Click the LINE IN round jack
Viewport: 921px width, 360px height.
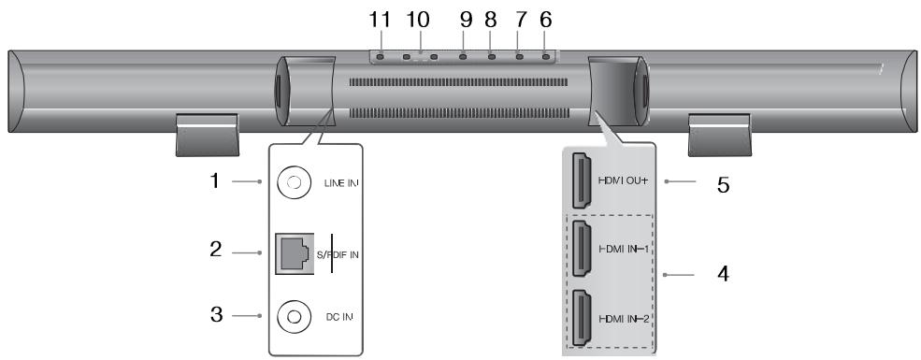[x=293, y=182]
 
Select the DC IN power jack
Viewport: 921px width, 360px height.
[x=293, y=317]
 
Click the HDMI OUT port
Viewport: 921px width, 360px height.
[x=582, y=180]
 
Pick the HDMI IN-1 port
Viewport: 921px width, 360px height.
[x=582, y=249]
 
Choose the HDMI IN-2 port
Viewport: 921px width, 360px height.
[x=582, y=318]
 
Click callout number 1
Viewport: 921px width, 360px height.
[x=215, y=180]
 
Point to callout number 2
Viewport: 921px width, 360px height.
[x=216, y=249]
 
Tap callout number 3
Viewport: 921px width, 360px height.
[x=216, y=315]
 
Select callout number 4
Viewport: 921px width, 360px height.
[x=723, y=274]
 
